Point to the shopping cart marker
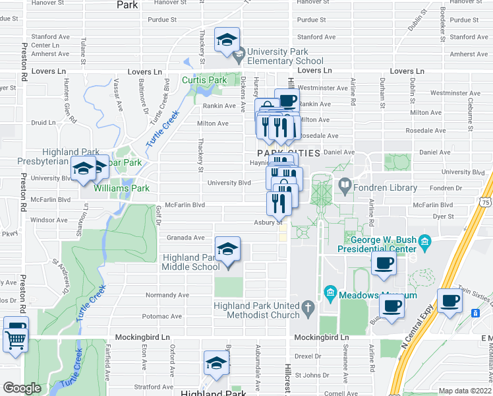point(14,341)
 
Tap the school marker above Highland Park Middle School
point(227,250)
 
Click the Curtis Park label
point(204,80)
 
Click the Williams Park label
point(121,188)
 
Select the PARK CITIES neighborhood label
point(285,153)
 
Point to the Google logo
point(22,388)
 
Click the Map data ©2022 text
point(465,391)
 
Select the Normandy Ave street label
point(167,295)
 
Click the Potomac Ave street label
point(157,317)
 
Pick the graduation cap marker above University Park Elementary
point(227,40)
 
